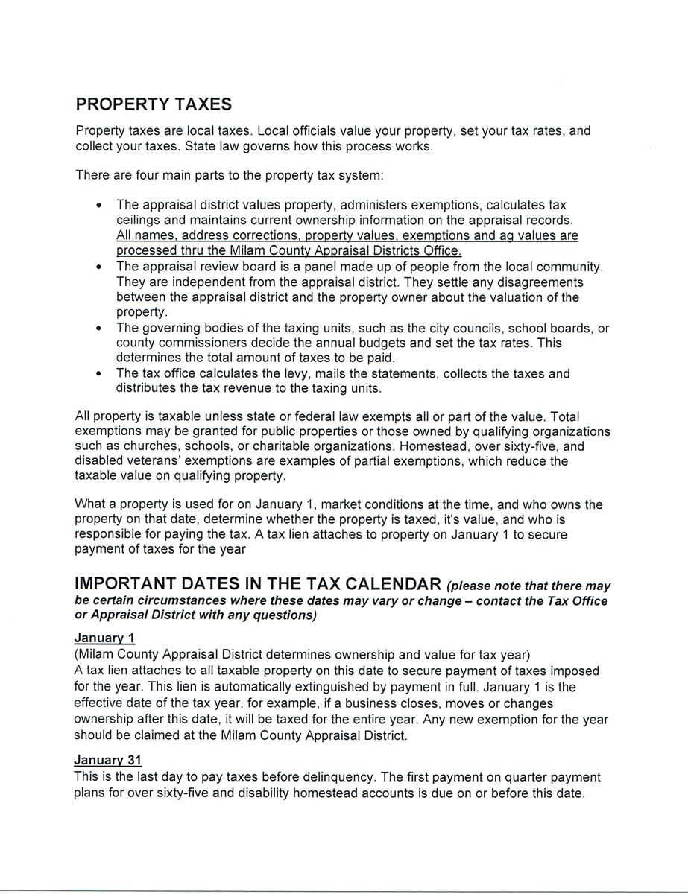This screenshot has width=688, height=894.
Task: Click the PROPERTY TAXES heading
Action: click(154, 104)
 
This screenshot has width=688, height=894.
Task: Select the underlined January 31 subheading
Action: click(107, 761)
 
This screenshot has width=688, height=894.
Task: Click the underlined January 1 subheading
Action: click(104, 638)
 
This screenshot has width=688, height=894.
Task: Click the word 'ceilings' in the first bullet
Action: click(139, 221)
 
